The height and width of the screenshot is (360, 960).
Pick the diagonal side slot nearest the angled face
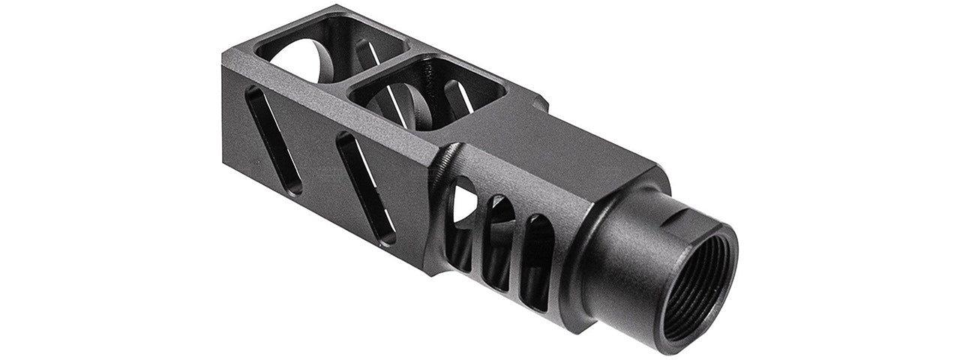(366, 187)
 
